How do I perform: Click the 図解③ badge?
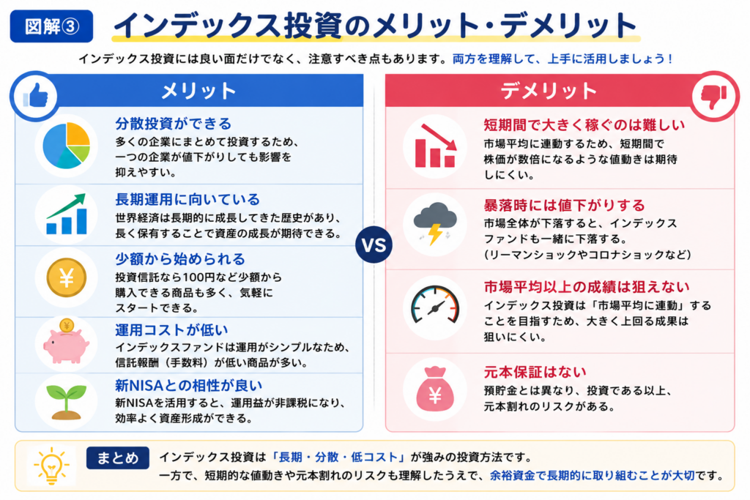[52, 26]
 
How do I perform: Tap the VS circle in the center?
[374, 245]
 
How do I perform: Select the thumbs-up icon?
[36, 96]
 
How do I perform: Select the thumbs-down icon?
[714, 96]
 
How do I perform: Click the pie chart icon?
[67, 146]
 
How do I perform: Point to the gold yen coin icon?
[67, 277]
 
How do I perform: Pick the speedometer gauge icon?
[435, 306]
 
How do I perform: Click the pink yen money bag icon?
[435, 389]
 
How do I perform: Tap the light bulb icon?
[51, 466]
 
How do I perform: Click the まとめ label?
[118, 458]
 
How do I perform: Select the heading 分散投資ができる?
[173, 123]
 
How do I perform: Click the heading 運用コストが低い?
[171, 330]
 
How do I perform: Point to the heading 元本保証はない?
[535, 372]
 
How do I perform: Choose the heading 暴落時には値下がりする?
[565, 205]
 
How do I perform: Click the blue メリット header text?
[199, 90]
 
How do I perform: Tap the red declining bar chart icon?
[435, 146]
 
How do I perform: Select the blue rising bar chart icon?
[67, 214]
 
